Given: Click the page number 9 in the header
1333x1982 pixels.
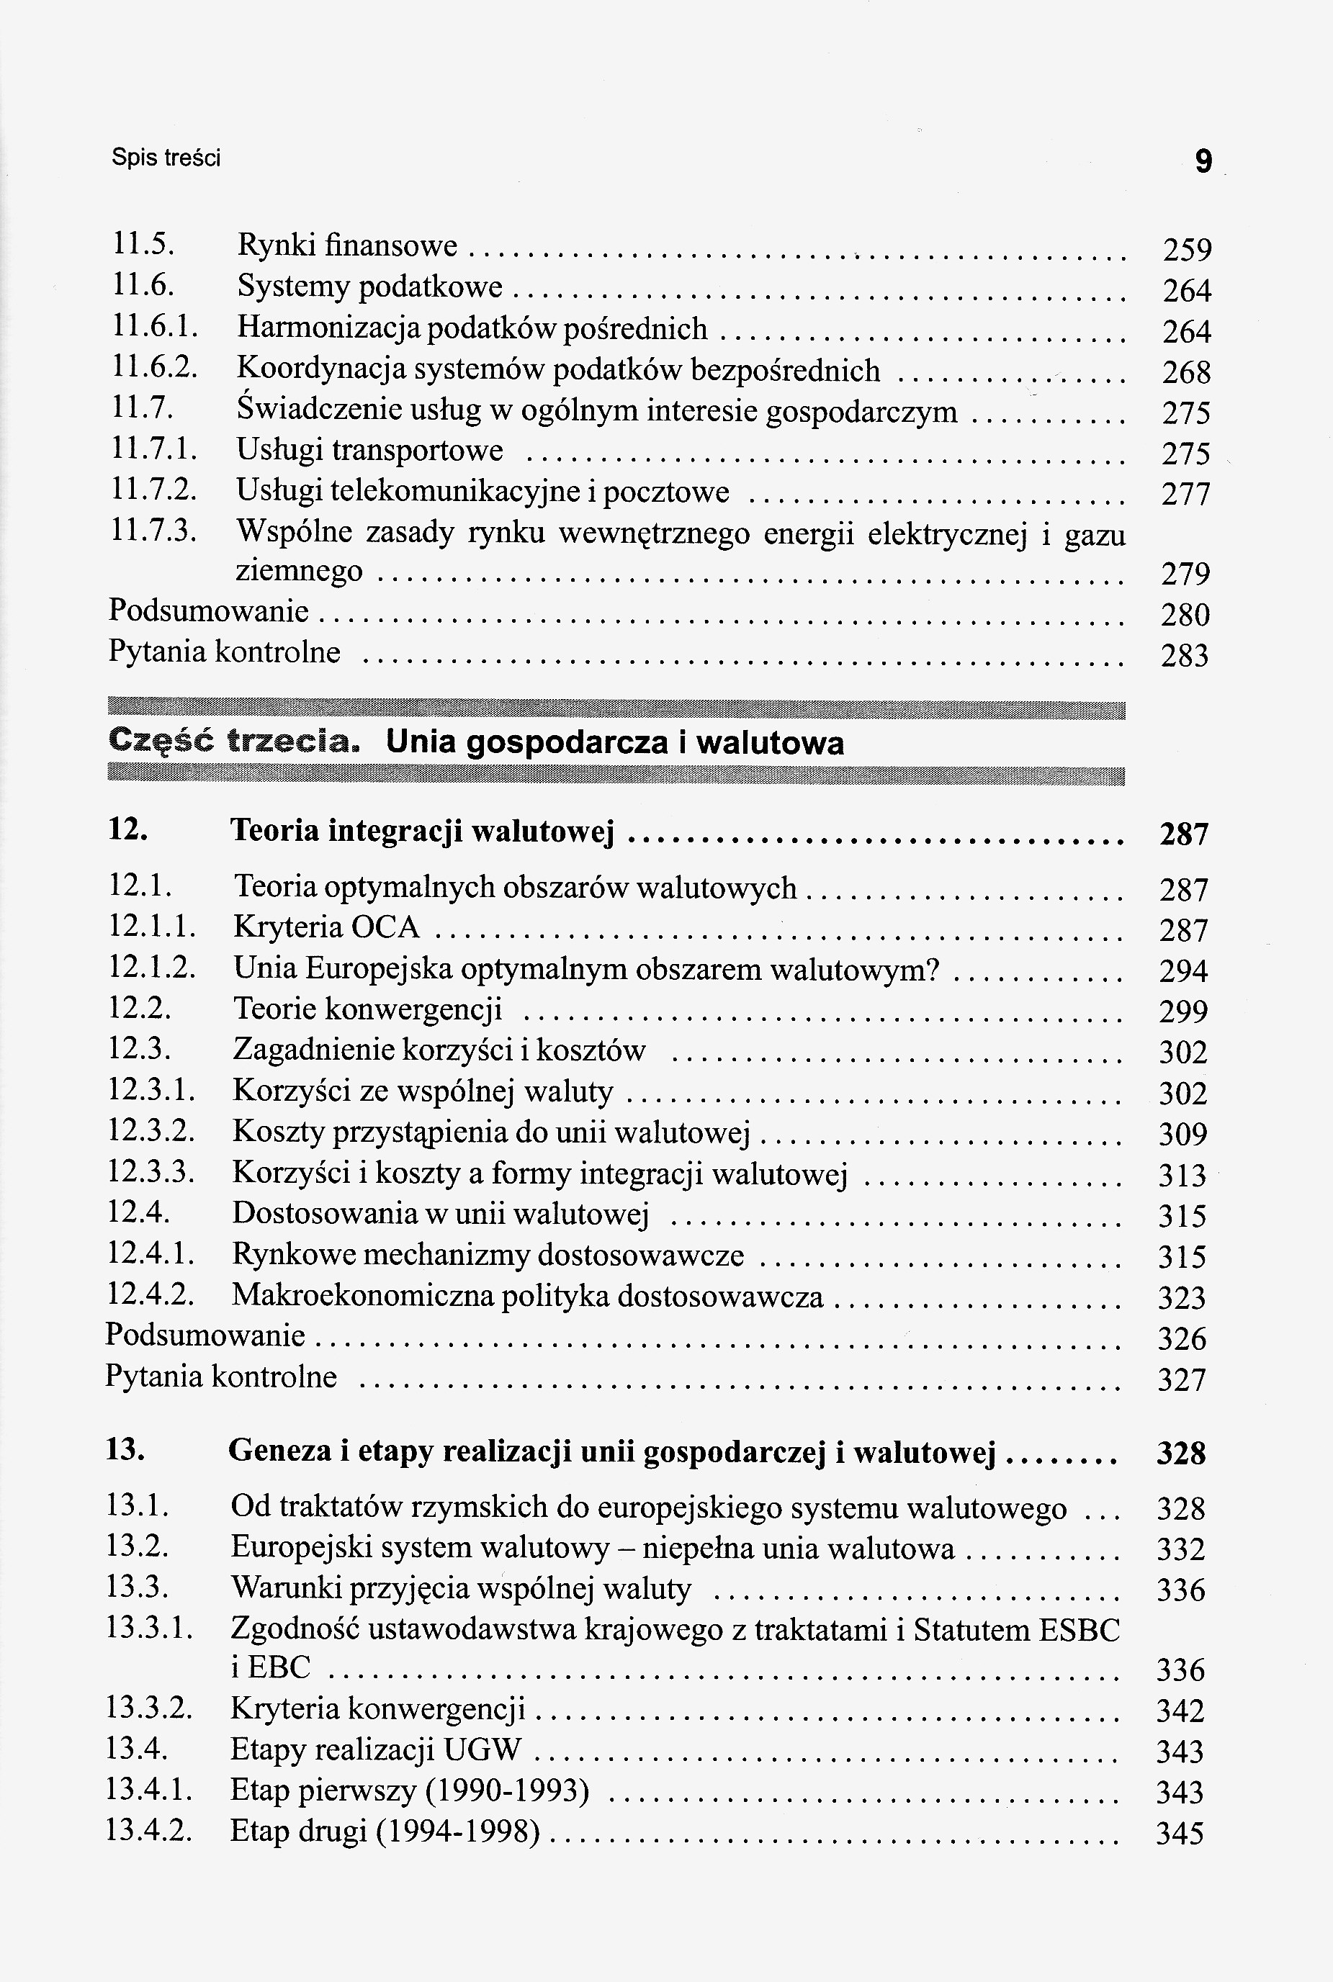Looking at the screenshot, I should point(1203,161).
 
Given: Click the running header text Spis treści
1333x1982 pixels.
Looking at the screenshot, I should point(166,158).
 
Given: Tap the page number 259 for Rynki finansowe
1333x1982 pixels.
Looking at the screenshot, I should point(1186,250).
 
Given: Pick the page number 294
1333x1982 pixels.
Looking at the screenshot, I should point(1183,970).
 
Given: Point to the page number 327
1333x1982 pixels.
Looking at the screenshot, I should point(1182,1379).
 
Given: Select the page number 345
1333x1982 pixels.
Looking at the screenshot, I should point(1180,1833).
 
